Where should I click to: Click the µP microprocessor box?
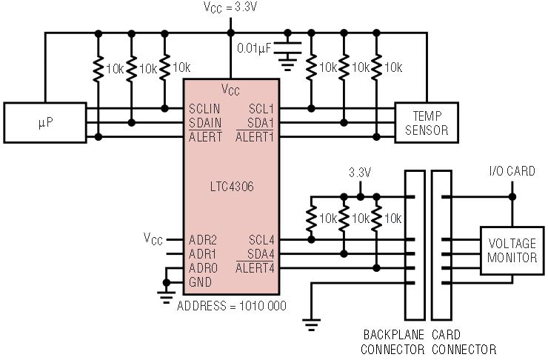click(45, 123)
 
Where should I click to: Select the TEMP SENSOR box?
click(427, 123)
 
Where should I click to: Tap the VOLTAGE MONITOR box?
click(512, 250)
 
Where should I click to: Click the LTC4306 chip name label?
click(232, 187)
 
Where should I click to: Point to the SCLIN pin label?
click(204, 109)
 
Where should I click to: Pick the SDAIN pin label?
click(205, 123)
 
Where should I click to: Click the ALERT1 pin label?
click(255, 137)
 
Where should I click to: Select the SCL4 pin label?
click(261, 240)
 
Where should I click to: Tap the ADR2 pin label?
click(203, 240)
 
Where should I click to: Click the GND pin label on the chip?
click(200, 282)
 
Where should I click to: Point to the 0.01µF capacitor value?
click(254, 48)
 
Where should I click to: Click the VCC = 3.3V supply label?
click(230, 7)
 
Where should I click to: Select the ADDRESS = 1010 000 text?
click(232, 306)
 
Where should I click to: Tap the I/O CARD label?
click(512, 171)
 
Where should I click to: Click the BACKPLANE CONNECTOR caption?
click(392, 341)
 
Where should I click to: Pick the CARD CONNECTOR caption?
click(464, 341)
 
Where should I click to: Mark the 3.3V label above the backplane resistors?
click(360, 173)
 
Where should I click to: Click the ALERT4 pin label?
click(255, 268)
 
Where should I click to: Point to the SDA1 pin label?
click(261, 123)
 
